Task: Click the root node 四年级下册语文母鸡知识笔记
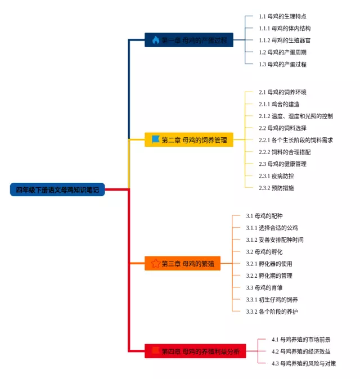[57, 190]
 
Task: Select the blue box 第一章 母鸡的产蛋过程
[189, 40]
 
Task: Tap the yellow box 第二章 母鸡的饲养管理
[189, 140]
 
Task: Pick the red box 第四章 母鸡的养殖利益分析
[195, 351]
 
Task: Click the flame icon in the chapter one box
[156, 40]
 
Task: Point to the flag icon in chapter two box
[156, 139]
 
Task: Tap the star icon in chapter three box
[156, 263]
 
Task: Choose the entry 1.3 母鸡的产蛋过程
[282, 64]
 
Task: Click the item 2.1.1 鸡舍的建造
[279, 104]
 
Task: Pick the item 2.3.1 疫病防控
[276, 176]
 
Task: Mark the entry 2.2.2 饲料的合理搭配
[285, 152]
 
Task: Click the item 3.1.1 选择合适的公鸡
[272, 228]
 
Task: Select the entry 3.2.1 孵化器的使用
[269, 264]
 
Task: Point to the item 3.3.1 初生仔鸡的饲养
[272, 299]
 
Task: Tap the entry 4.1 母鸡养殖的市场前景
[301, 340]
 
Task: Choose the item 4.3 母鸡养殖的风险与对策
[304, 363]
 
